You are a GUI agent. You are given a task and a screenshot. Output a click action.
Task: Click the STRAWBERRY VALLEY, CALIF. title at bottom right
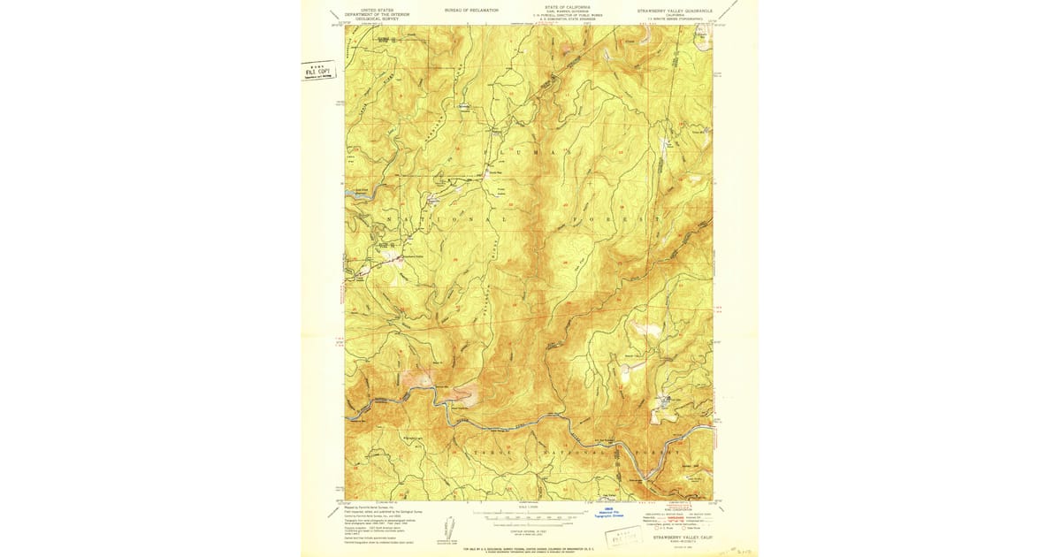pyautogui.click(x=683, y=537)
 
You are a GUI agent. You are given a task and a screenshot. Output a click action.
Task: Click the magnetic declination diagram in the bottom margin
pyautogui.click(x=449, y=522)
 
